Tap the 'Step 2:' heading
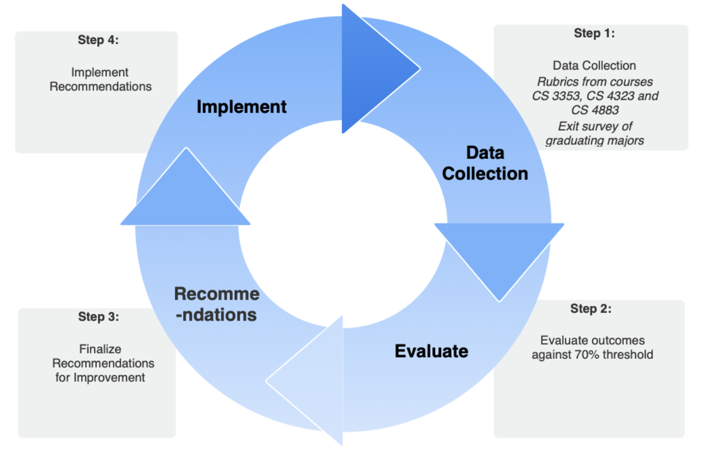coord(590,309)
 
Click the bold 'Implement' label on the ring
coord(242,107)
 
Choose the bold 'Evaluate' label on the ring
coord(431,351)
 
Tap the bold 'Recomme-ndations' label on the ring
coord(216,305)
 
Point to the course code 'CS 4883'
coord(594,111)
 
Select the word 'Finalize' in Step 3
coord(100,348)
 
